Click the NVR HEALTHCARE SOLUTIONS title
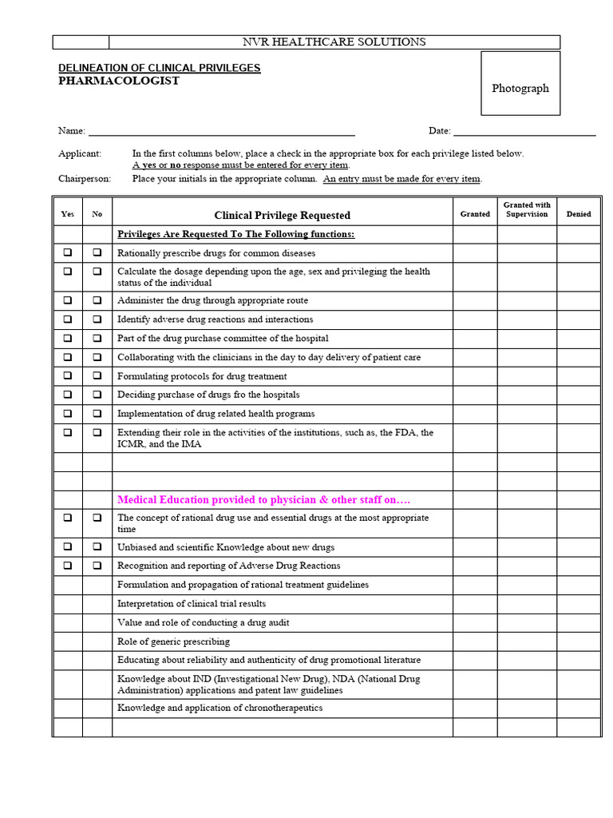(334, 42)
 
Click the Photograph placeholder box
(520, 89)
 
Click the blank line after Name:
(221, 131)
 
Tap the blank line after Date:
(524, 131)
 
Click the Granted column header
(475, 214)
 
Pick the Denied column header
(579, 214)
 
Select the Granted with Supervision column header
(527, 210)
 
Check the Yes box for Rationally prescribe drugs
(68, 252)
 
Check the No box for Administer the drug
(97, 300)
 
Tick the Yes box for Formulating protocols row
(68, 375)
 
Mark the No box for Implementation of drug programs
(97, 413)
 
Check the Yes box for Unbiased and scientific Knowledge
(68, 547)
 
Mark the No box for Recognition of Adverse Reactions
(97, 566)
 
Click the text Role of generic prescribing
(173, 641)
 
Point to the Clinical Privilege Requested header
(282, 215)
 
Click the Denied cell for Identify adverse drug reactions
(579, 320)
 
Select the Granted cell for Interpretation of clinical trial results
(475, 604)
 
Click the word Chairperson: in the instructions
(85, 179)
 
